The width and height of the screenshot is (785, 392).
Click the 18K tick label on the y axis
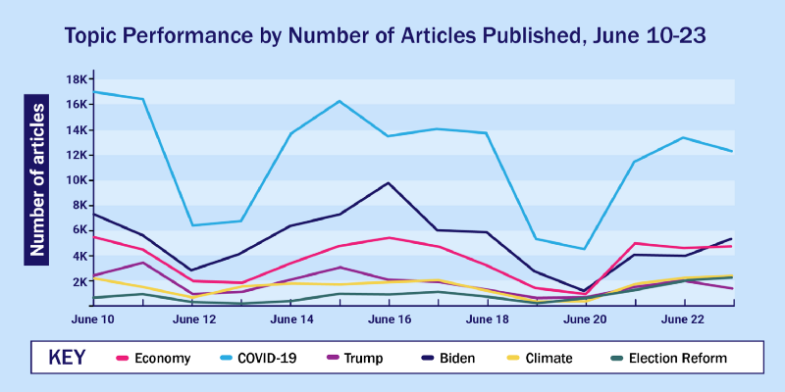[x=78, y=79]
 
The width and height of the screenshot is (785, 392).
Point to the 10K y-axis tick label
[x=78, y=180]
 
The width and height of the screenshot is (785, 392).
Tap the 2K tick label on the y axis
[x=78, y=281]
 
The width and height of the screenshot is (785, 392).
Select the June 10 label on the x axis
[x=93, y=318]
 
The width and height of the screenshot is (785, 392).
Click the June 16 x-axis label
[x=390, y=318]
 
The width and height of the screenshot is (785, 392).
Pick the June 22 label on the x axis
[x=684, y=318]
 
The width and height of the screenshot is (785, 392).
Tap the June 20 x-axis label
[x=585, y=318]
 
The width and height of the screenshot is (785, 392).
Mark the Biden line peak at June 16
[x=390, y=183]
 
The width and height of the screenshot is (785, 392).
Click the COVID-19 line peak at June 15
[x=340, y=101]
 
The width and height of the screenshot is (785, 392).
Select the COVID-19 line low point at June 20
[x=585, y=249]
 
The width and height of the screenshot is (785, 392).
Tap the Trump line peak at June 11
[x=143, y=263]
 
